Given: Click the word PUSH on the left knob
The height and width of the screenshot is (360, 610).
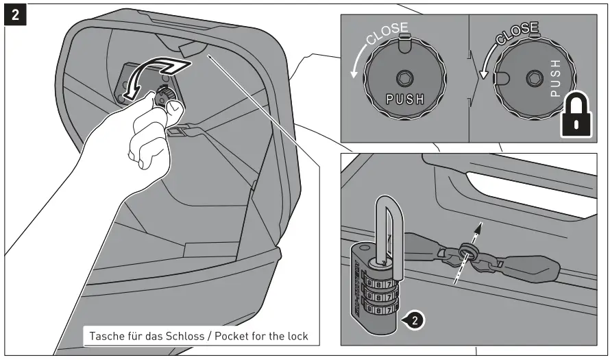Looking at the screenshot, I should click(x=405, y=99).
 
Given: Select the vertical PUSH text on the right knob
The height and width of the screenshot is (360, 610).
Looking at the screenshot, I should click(x=556, y=77).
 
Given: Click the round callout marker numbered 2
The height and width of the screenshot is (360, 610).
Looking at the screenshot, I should click(x=414, y=319).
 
